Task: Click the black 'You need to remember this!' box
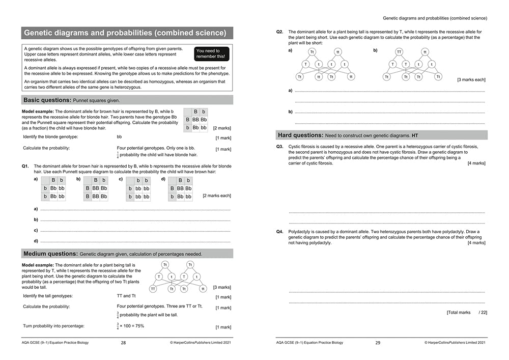point(212,53)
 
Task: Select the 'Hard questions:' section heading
point(300,135)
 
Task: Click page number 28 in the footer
point(123,343)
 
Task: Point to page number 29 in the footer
point(377,343)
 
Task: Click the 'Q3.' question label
point(280,147)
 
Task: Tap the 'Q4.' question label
point(280,232)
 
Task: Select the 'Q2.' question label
point(280,32)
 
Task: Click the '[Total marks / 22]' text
point(466,312)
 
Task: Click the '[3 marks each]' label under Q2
point(471,80)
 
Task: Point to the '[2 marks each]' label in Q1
point(216,196)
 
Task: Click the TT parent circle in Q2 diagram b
point(399,52)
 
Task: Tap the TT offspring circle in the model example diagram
point(153,289)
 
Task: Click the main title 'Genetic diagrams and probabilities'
point(125,33)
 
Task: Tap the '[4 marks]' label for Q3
point(476,163)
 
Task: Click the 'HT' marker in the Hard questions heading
point(414,135)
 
